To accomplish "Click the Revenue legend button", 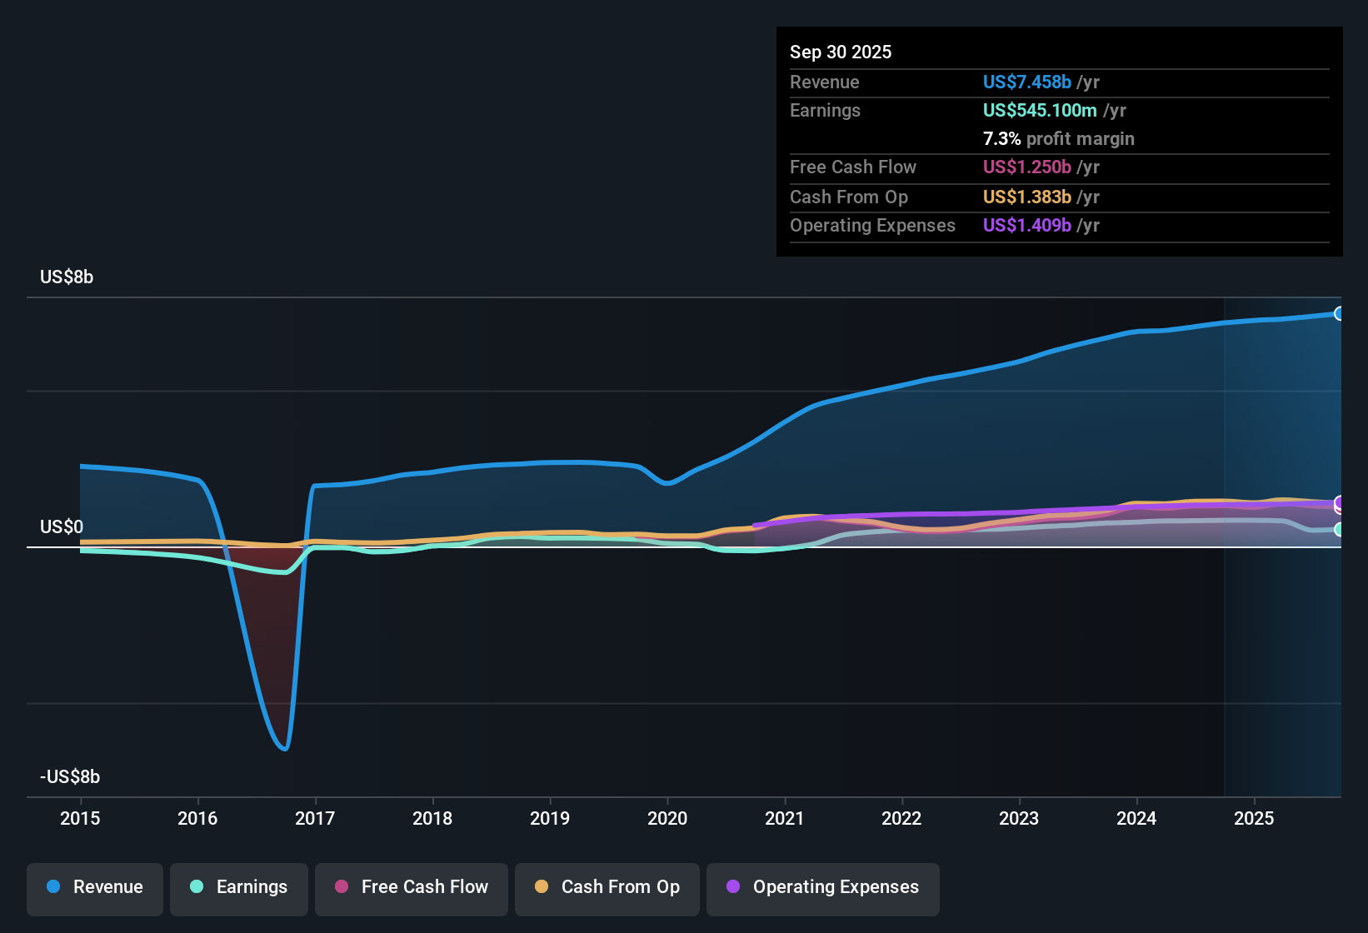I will tap(95, 888).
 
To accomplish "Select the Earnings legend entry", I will tap(239, 888).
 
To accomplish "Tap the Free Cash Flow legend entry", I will tap(412, 888).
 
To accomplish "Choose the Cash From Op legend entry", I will tap(607, 888).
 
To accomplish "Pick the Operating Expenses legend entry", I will tap(823, 888).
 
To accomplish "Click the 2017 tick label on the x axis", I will tap(315, 819).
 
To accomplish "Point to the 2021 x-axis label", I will tap(784, 819).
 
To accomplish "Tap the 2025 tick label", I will tap(1254, 819).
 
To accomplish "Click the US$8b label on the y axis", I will tap(67, 277).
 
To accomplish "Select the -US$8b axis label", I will tap(70, 777).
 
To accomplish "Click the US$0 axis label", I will tap(62, 527).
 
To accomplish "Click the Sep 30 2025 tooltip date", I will tap(841, 52).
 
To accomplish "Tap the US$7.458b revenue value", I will tap(1026, 82).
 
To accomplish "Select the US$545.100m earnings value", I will tap(1039, 111).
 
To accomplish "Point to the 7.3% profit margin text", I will tap(1058, 139).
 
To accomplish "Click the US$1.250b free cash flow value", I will tap(1026, 167).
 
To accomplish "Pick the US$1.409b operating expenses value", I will tap(1026, 226).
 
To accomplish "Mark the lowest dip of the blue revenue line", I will tap(286, 749).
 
